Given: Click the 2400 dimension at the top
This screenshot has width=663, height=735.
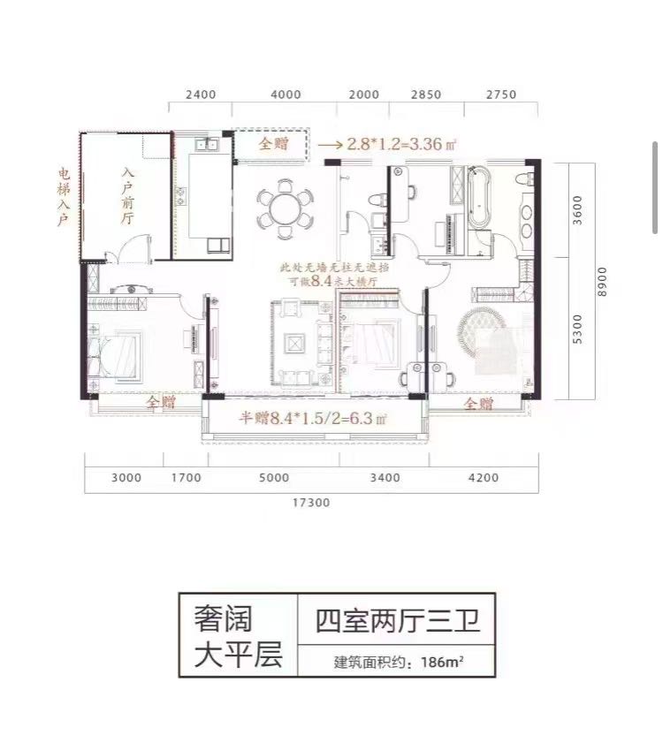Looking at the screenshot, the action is (201, 95).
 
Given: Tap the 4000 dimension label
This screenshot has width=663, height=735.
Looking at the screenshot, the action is (286, 95).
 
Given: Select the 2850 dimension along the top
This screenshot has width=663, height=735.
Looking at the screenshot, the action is (426, 95).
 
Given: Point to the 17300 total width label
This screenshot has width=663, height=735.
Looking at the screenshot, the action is (311, 503).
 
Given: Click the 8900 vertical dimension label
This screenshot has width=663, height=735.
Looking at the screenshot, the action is (602, 281).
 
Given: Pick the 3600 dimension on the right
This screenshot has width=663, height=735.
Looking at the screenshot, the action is (577, 209).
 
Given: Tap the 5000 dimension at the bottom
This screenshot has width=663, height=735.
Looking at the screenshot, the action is (274, 478).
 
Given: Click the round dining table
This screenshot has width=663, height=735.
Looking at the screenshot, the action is (285, 209).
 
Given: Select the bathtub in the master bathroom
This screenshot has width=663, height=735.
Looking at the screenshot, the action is (478, 198).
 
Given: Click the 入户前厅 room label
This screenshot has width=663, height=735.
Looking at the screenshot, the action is (127, 196).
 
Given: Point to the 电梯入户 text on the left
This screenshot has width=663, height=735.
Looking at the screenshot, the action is (64, 197).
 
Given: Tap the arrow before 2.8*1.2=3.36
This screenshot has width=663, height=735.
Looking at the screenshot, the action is (331, 145).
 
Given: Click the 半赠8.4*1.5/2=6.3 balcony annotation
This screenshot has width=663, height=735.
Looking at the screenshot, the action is (313, 417).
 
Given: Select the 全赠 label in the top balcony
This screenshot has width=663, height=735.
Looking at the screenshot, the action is (273, 143).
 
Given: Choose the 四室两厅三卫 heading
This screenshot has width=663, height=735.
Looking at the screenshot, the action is (398, 621).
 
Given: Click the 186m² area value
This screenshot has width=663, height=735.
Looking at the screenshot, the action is (443, 663).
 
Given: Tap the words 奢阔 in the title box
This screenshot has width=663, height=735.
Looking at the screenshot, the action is (223, 618).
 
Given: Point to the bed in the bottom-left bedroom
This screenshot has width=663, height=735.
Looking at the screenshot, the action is (115, 354).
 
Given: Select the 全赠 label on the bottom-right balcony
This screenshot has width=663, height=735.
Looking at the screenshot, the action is (478, 403).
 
